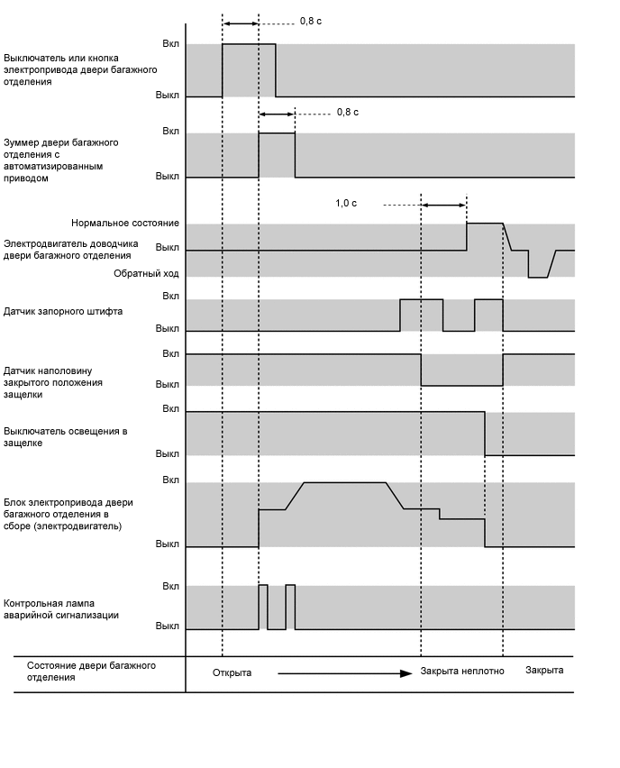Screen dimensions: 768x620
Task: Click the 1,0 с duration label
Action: (346, 204)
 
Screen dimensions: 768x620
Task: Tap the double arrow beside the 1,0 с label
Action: (443, 206)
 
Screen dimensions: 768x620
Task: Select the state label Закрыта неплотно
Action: (462, 672)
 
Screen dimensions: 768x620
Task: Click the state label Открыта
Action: (232, 672)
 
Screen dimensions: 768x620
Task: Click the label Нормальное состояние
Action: (125, 223)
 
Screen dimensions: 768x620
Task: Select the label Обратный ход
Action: (146, 272)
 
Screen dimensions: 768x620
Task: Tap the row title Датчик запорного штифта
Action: (63, 311)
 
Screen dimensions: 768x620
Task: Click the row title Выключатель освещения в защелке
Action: (66, 437)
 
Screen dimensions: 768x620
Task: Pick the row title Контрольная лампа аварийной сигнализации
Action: (61, 608)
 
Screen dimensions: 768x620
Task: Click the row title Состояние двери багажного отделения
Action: (91, 671)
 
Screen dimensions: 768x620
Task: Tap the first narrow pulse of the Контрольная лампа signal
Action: (263, 607)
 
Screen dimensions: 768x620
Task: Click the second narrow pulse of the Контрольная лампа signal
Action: (290, 607)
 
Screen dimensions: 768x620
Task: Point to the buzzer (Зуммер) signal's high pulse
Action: (277, 153)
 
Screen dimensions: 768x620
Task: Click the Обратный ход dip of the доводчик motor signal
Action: (538, 271)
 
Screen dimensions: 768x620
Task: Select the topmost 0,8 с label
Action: (311, 20)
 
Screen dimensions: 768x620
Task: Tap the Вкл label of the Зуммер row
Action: (170, 132)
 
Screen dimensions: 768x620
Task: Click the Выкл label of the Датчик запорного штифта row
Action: (168, 329)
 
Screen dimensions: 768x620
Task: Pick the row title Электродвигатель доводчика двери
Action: (67, 250)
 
